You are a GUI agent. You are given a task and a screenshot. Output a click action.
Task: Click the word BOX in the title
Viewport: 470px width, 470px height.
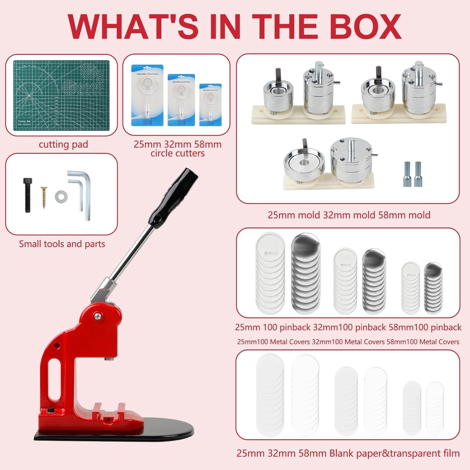pos(366,27)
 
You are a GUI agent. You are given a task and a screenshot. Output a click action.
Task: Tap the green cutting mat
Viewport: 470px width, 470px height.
pos(61,95)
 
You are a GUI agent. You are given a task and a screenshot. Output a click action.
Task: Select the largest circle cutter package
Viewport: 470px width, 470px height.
pos(147,95)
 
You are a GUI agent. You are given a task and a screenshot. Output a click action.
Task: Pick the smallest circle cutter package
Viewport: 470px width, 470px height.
pos(210,105)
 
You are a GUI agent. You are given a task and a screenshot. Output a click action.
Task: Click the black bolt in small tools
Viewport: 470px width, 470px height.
pos(28,195)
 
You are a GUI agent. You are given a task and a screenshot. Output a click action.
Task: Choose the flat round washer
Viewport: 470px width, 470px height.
pos(61,196)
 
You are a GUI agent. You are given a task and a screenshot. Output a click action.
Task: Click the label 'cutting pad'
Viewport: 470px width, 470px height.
pos(63,144)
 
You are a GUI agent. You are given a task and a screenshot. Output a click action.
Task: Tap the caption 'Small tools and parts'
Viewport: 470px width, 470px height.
pos(62,244)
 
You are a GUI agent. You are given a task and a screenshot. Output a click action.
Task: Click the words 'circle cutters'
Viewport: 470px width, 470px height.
pos(178,153)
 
